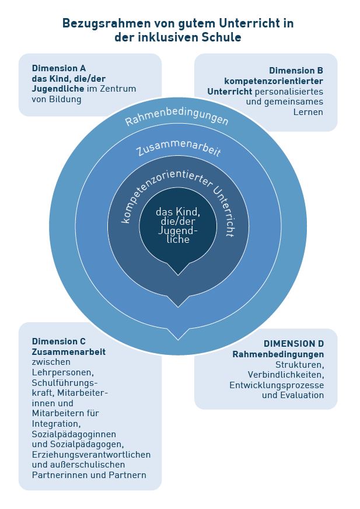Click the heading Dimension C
[x=59, y=341]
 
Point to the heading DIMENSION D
[x=293, y=343]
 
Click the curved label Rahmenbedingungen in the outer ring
[x=177, y=114]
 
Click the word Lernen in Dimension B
[x=308, y=112]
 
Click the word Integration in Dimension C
[x=55, y=424]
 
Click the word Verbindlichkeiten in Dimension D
[x=286, y=375]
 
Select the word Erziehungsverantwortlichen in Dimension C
[x=91, y=455]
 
